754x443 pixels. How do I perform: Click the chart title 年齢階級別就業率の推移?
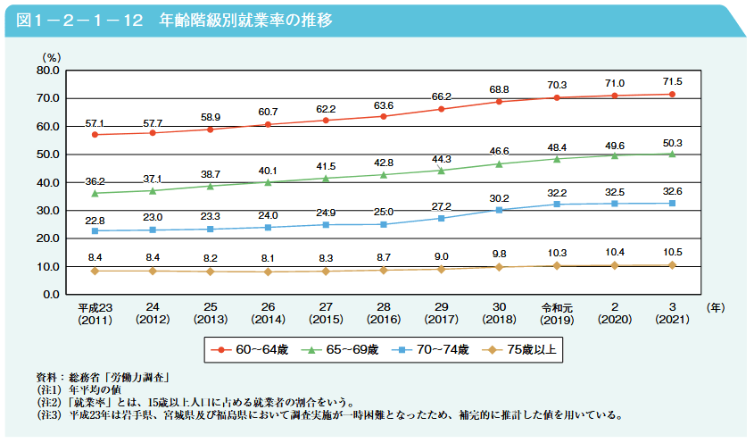point(241,20)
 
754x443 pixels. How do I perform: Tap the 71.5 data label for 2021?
point(672,81)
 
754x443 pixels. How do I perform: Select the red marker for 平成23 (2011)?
point(95,135)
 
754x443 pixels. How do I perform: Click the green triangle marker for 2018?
point(499,163)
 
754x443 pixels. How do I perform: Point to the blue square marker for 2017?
point(441,218)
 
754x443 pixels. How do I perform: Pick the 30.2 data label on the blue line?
point(499,198)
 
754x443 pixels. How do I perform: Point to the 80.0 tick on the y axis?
point(47,70)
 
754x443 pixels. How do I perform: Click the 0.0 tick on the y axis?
point(50,295)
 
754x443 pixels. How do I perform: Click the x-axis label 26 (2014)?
point(268,313)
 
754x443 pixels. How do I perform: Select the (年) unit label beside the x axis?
point(715,307)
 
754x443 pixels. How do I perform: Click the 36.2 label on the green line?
point(95,181)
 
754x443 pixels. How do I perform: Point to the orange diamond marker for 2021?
point(672,265)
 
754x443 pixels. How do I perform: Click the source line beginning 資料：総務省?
point(103,378)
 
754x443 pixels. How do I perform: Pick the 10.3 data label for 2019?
point(557,254)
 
